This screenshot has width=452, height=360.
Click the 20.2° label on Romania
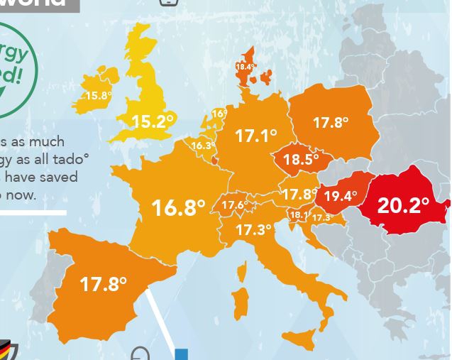[402, 205]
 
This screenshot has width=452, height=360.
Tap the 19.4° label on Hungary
[341, 196]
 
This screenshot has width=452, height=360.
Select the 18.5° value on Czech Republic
[301, 160]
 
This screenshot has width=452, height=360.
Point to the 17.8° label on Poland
[331, 123]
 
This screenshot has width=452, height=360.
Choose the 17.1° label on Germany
[255, 135]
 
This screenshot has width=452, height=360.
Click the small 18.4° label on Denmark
[246, 67]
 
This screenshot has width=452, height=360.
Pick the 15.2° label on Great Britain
[153, 122]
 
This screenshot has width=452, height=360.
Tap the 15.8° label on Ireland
[99, 96]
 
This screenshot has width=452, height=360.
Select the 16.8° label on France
[178, 207]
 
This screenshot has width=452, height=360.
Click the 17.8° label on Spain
[103, 284]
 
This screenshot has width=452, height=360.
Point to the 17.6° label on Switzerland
[235, 206]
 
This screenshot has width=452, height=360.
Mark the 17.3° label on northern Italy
[253, 230]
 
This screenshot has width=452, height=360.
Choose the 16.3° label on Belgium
[203, 146]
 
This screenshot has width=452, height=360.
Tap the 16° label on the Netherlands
[219, 114]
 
